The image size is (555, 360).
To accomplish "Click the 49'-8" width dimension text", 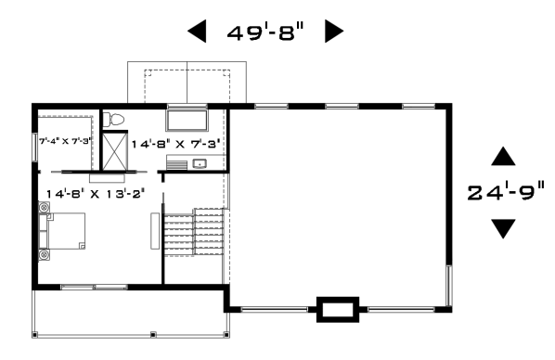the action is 265,32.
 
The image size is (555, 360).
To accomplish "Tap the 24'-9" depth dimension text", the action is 506,193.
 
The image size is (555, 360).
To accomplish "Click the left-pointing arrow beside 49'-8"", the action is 197,32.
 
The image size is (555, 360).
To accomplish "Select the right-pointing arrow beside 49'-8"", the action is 334,32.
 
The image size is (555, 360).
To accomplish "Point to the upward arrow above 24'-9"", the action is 503,157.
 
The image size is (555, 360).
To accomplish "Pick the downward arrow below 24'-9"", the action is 503,228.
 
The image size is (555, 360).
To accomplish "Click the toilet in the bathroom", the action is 113,120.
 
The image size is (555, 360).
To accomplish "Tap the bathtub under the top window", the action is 187,121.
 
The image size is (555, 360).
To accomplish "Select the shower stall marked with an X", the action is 114,151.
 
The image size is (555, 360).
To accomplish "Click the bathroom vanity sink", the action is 200,163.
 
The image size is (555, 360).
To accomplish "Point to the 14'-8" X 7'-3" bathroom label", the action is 176,144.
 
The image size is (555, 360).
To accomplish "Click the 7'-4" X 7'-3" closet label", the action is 66,141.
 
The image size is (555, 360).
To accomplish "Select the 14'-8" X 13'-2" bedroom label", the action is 96,194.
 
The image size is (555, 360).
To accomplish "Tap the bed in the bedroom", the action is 62,231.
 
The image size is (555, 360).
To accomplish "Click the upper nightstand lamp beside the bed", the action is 45,207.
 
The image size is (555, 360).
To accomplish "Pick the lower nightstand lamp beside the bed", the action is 45,254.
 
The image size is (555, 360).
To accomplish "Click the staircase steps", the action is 194,232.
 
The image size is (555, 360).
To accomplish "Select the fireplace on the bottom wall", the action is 338,309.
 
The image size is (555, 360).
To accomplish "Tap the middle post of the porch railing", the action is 153,334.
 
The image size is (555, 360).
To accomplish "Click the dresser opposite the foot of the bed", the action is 155,231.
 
